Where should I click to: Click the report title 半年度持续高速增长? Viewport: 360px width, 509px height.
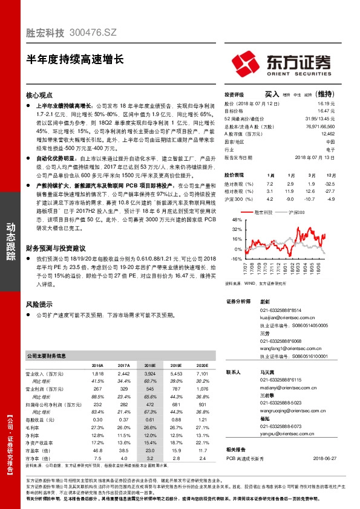tap(74, 59)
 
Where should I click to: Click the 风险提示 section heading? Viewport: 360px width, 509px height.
tap(40, 304)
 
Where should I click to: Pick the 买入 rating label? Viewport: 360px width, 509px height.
tap(272, 94)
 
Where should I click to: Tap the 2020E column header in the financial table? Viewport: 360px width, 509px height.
tap(202, 365)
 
